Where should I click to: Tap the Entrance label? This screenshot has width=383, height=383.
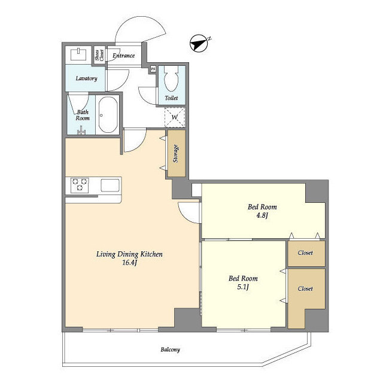click(x=124, y=56)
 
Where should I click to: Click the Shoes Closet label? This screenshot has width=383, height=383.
click(x=99, y=56)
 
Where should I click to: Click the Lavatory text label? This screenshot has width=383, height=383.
click(x=86, y=78)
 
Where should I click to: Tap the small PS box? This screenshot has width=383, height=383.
click(x=153, y=69)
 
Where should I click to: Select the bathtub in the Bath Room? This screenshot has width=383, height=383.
click(x=108, y=114)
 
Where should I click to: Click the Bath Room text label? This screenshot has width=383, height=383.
click(x=83, y=115)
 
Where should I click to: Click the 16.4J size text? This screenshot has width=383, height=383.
click(x=130, y=263)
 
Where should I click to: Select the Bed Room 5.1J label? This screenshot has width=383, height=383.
click(x=243, y=282)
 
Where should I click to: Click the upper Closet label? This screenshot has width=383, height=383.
click(x=305, y=253)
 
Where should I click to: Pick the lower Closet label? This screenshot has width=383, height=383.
click(x=305, y=288)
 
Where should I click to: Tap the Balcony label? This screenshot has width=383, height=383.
click(x=170, y=349)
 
